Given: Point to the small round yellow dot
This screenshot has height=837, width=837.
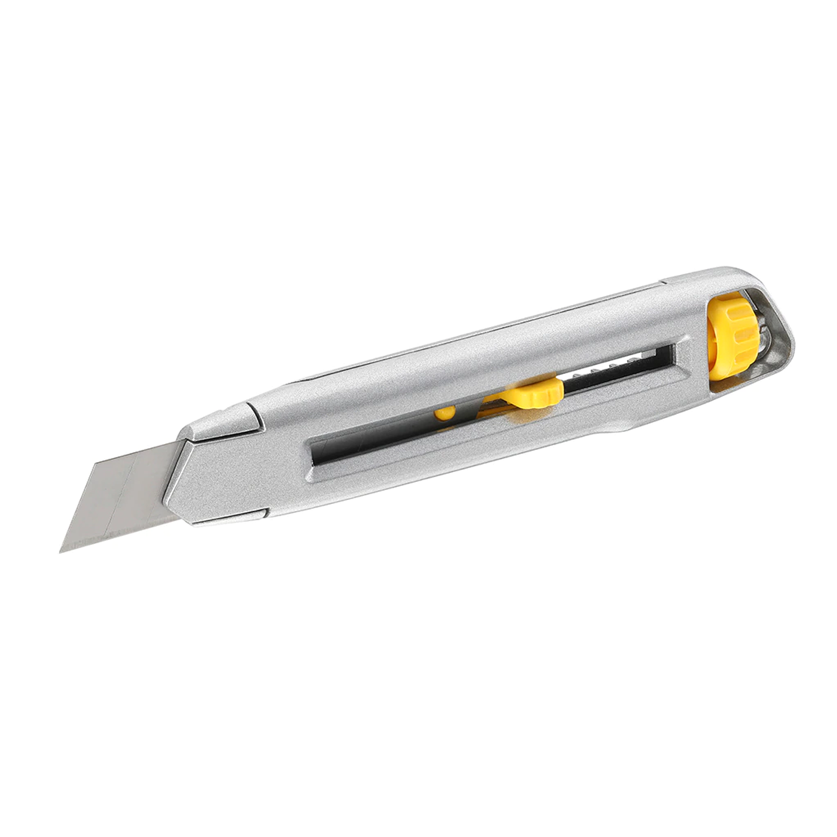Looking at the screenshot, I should [x=445, y=413].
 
